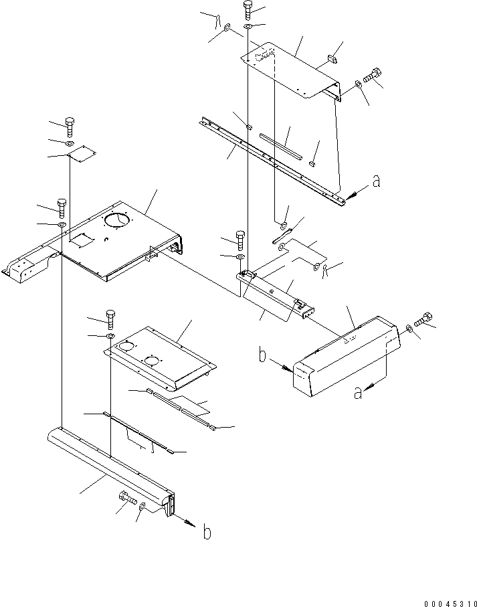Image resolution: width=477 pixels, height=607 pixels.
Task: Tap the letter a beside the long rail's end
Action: point(377,181)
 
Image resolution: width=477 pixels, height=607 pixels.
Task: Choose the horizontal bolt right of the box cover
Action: point(423,322)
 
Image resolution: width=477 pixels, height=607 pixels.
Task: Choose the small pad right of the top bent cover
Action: point(330,61)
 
